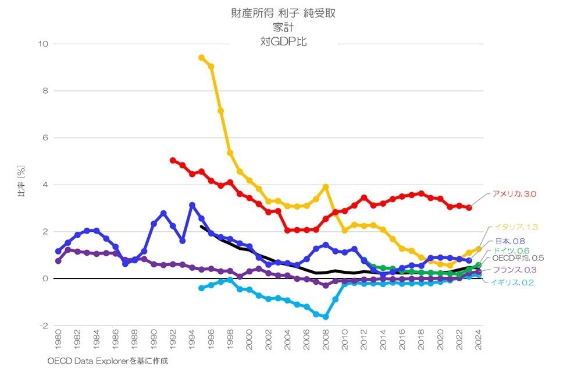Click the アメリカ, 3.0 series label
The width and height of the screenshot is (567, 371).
(514, 193)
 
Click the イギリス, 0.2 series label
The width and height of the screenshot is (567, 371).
(512, 282)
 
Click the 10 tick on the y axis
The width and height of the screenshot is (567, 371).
(42, 44)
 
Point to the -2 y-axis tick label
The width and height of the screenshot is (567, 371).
(42, 326)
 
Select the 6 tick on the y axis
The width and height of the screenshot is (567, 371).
(45, 137)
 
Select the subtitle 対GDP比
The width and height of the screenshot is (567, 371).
(283, 41)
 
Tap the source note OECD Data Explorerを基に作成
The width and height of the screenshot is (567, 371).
(108, 361)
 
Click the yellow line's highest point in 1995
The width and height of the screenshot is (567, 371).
(201, 57)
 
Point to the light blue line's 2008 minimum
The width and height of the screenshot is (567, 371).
(326, 317)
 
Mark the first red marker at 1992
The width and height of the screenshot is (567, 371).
(173, 160)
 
